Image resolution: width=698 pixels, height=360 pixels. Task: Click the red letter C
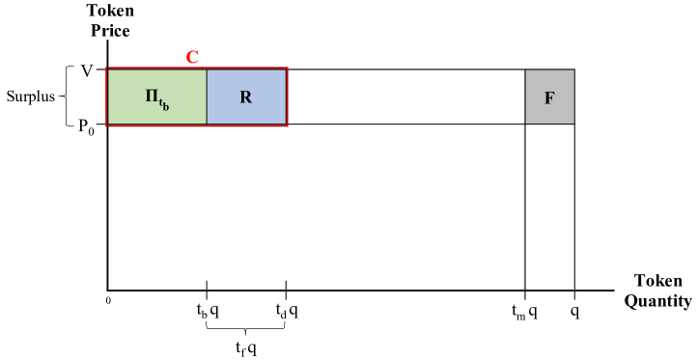click(x=192, y=57)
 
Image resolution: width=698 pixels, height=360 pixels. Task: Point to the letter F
click(x=549, y=98)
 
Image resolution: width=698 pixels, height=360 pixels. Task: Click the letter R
click(x=246, y=97)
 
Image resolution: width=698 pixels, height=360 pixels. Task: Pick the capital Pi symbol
click(x=152, y=96)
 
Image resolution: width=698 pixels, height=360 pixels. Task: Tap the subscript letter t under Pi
click(x=162, y=103)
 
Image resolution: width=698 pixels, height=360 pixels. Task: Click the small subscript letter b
click(x=166, y=108)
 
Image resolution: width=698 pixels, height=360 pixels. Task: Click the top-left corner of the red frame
click(x=107, y=69)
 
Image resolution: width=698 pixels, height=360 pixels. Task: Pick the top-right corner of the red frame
click(x=287, y=69)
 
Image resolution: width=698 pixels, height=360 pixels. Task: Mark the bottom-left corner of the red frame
click(x=107, y=125)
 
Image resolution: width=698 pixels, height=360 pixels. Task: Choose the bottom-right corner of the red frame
click(x=287, y=125)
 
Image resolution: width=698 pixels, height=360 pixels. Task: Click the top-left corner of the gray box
click(x=526, y=70)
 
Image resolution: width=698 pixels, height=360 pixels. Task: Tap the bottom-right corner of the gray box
click(x=572, y=123)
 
